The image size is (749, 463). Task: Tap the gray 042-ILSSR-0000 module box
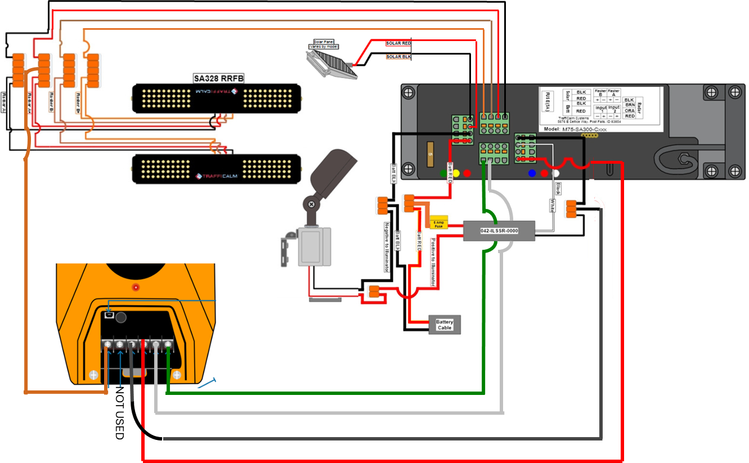coord(499,231)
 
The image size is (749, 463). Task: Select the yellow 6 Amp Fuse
coord(438,223)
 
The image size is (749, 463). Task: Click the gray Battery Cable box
coord(445,325)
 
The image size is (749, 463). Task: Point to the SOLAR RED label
coord(398,43)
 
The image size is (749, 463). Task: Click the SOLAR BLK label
coord(398,57)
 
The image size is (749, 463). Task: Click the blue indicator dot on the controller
coord(532,173)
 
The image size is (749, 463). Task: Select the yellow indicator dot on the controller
coord(456,173)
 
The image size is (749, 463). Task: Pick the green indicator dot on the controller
coord(445,173)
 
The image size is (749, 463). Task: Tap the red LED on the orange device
coord(136,287)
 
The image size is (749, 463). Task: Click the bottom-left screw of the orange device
coord(94,375)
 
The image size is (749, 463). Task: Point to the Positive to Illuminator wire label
coord(433,262)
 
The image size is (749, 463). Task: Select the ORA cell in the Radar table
coord(629,110)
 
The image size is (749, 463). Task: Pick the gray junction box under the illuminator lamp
coord(311,246)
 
